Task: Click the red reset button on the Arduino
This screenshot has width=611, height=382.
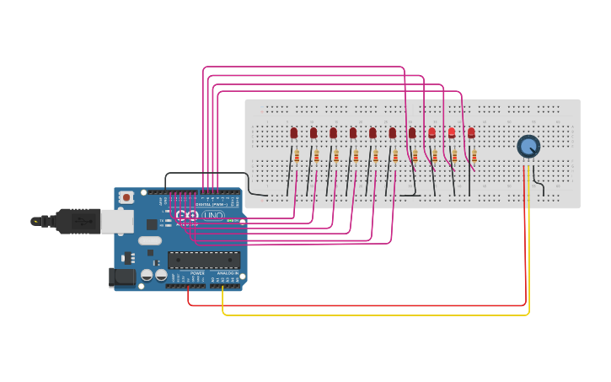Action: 126,197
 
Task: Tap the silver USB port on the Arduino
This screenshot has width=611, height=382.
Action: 116,221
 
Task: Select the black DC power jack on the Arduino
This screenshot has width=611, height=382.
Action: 122,277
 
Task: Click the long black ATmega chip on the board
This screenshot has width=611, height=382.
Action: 203,260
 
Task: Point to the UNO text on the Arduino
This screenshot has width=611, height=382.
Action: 213,216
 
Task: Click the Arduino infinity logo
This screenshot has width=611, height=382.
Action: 186,216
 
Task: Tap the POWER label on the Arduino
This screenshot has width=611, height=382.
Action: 197,273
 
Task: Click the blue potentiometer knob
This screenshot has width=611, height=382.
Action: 528,146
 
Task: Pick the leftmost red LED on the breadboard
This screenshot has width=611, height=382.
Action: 294,132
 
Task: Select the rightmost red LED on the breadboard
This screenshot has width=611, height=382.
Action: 471,132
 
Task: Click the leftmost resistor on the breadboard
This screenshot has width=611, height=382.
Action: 297,155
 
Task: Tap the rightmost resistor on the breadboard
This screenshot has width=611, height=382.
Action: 474,155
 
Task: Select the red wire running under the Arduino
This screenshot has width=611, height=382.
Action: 354,304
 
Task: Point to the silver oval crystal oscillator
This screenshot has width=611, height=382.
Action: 150,240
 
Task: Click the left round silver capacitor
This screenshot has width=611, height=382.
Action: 147,275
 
